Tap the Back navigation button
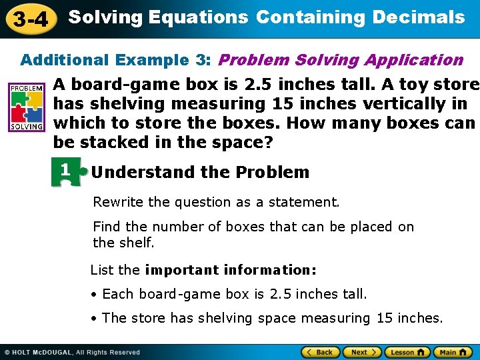tap(319, 352)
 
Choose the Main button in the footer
tap(453, 352)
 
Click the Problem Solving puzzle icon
tap(27, 107)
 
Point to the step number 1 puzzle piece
tap(67, 172)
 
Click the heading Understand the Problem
tap(201, 172)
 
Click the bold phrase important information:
tap(231, 270)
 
